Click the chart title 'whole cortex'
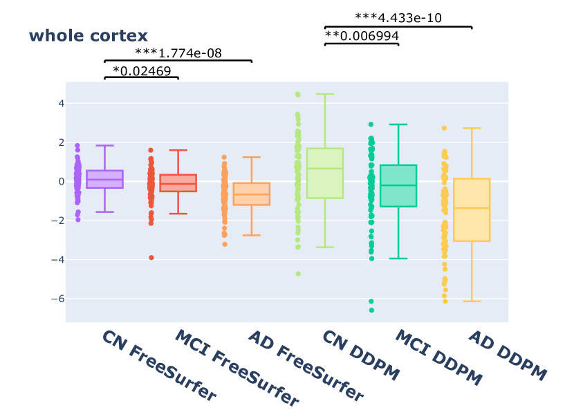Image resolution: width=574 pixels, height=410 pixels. tap(88, 36)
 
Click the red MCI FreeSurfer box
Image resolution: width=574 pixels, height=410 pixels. tap(178, 183)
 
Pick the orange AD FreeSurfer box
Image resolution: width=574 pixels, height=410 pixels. tap(251, 194)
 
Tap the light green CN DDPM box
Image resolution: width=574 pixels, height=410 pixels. tap(325, 173)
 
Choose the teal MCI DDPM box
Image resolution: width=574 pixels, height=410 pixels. tap(398, 185)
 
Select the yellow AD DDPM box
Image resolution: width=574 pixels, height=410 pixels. tap(472, 209)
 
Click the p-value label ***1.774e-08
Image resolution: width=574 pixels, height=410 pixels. tap(178, 53)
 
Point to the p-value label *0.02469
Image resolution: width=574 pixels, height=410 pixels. tap(142, 71)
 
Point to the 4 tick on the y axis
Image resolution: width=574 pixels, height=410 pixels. tap(61, 104)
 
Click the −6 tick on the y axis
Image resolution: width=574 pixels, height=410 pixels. tap(58, 299)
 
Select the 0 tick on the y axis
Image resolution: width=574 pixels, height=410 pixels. tap(61, 182)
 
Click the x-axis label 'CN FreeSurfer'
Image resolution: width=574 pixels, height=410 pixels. tap(159, 365)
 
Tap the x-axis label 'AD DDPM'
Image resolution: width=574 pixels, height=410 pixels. tap(508, 355)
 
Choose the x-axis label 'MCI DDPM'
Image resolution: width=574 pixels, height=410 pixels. tap(438, 357)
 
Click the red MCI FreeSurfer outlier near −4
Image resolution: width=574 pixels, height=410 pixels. tap(151, 258)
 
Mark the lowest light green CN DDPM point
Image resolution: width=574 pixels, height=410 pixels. tap(298, 274)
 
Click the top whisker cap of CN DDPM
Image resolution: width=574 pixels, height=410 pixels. tap(325, 94)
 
